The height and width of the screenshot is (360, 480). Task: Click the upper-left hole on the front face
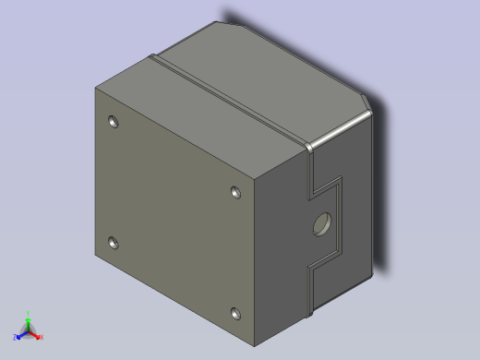point(114,122)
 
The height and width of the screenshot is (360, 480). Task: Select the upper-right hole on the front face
point(235,192)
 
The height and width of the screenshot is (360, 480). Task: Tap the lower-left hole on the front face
point(114,244)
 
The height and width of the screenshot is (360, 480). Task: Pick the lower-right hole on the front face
point(235,313)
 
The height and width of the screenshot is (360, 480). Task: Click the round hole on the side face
point(323,223)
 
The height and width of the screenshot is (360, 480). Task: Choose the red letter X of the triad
point(42,338)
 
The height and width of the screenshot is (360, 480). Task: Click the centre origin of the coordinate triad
point(28,331)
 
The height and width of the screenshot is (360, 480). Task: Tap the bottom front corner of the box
point(257,346)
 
